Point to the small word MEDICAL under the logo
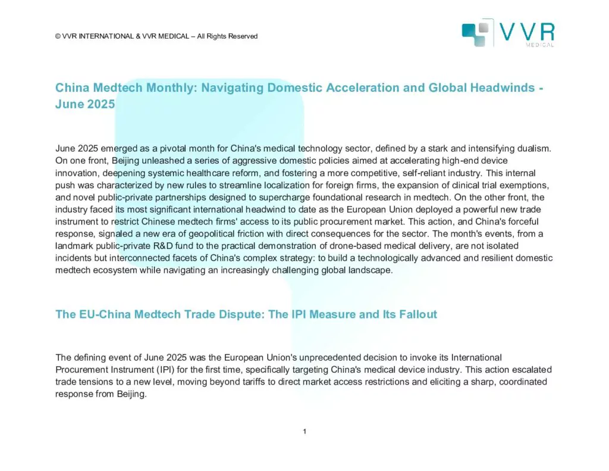[541, 45]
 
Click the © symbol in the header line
[58, 36]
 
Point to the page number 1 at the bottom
[304, 432]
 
